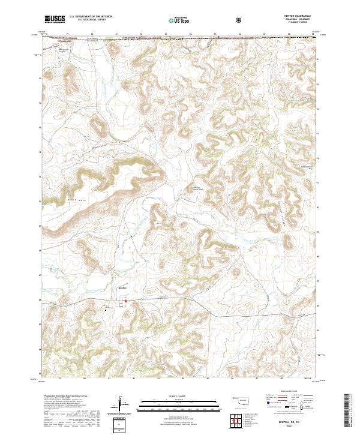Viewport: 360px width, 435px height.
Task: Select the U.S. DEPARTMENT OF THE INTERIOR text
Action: tap(91, 17)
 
